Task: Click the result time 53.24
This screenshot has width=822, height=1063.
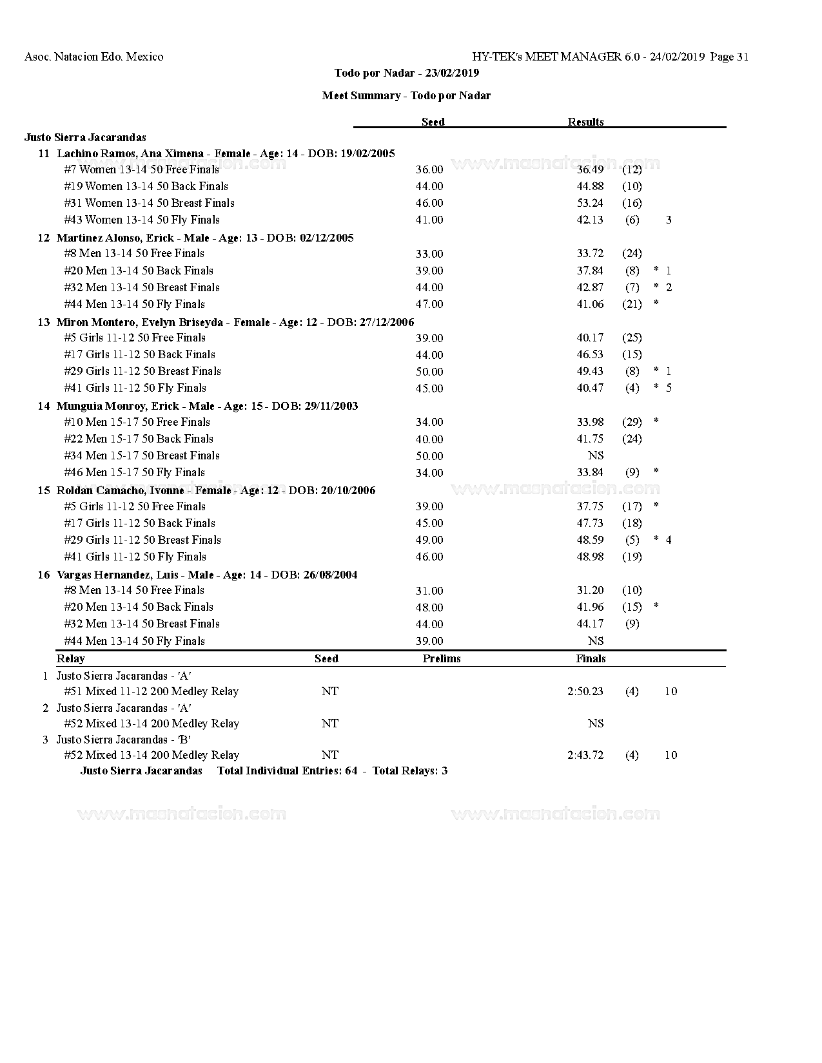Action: point(590,203)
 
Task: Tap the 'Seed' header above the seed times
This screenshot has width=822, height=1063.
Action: point(433,122)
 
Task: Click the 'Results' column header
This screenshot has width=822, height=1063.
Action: point(585,122)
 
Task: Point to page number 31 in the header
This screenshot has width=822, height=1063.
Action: point(741,57)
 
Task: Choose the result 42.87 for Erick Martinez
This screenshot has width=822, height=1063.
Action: point(590,287)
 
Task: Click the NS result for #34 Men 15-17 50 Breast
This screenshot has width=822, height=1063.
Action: point(596,455)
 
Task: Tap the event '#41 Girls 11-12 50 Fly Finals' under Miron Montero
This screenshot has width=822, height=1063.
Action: point(135,388)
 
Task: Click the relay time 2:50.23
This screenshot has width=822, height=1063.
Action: point(585,691)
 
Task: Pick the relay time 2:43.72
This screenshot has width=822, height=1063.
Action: point(585,755)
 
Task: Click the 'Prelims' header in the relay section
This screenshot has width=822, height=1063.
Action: point(442,658)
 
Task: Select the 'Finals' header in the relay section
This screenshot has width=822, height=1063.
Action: point(591,658)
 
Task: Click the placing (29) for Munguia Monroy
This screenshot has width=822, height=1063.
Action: point(632,422)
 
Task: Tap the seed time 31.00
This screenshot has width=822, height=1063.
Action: point(429,591)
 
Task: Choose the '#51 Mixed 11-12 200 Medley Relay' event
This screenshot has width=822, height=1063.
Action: point(151,691)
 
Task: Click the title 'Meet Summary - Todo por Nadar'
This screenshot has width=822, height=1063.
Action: point(406,95)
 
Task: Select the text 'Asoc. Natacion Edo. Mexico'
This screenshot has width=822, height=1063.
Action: point(93,57)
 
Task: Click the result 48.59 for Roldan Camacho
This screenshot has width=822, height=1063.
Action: point(590,540)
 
